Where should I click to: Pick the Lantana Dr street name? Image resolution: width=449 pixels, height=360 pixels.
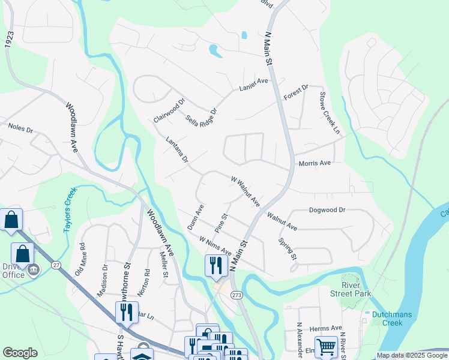pos(177,150)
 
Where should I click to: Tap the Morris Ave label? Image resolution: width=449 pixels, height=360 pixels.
pos(315,163)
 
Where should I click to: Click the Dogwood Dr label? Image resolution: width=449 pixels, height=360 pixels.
pos(327,210)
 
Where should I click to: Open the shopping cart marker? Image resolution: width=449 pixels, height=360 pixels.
pos(325,346)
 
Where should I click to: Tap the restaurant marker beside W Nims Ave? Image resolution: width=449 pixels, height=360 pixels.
pos(215,265)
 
